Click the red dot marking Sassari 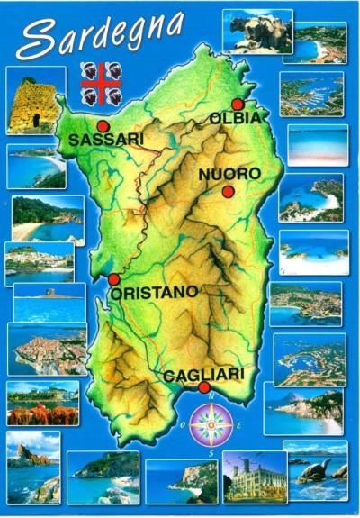[x=103, y=126]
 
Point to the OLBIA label [x=236, y=118]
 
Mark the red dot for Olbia [x=238, y=105]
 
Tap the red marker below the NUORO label [x=228, y=192]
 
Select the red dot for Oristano [x=113, y=279]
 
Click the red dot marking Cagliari [x=204, y=388]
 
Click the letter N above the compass [x=209, y=396]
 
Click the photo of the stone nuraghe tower [x=35, y=100]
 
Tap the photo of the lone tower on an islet [x=49, y=303]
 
